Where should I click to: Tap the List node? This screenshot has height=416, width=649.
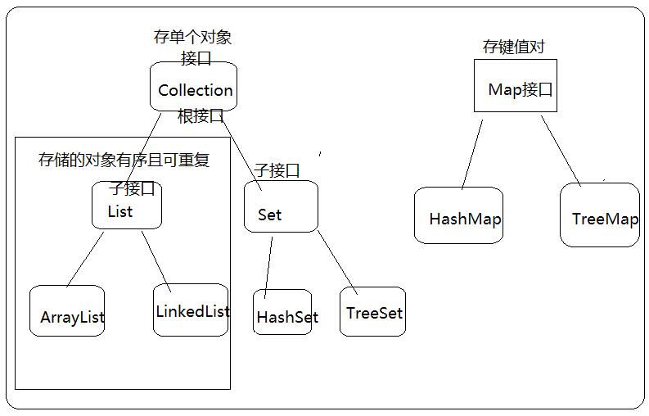pos(126,206)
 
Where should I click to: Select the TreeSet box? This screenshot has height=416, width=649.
pos(372,311)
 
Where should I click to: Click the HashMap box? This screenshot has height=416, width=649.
pos(457,215)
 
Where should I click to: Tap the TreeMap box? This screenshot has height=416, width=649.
pos(599,215)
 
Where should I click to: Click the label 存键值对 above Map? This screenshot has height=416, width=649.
pos(514,47)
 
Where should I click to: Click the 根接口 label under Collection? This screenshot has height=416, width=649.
pos(201,116)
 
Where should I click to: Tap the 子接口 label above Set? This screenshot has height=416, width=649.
pos(277,170)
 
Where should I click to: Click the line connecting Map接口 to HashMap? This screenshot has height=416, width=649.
pos(472,155)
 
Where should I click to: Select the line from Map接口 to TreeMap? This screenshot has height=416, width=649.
pos(561,150)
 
